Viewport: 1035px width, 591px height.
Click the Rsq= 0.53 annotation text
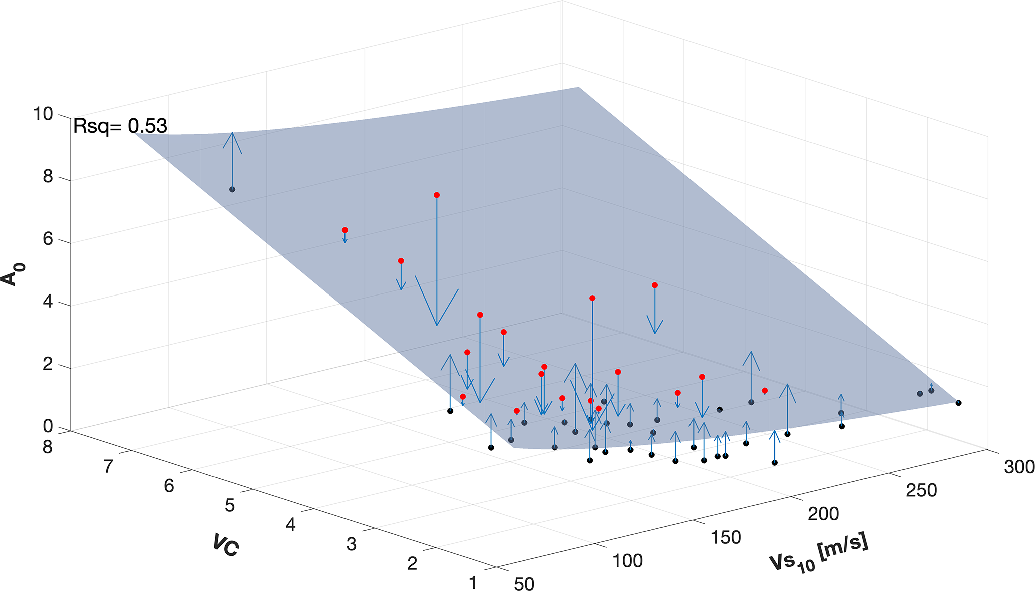pyautogui.click(x=120, y=126)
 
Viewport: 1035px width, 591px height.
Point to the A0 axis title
pyautogui.click(x=13, y=272)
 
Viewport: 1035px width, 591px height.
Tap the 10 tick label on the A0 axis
pyautogui.click(x=43, y=114)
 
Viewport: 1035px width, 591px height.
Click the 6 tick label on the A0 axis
pyautogui.click(x=48, y=239)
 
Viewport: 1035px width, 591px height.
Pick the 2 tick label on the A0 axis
pyautogui.click(x=48, y=364)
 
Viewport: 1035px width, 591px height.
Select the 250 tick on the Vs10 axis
pyautogui.click(x=921, y=490)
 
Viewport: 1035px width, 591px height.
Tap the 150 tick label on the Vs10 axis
pyautogui.click(x=726, y=537)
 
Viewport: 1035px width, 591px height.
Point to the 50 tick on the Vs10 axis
pyautogui.click(x=524, y=584)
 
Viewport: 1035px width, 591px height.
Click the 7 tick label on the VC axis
pyautogui.click(x=108, y=467)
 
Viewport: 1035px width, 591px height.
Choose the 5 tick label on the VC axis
pyautogui.click(x=230, y=505)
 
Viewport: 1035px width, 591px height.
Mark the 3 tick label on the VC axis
pyautogui.click(x=352, y=544)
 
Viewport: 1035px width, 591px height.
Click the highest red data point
pyautogui.click(x=437, y=195)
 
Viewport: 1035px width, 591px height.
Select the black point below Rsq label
pyautogui.click(x=232, y=189)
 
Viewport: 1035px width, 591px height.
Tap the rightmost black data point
pyautogui.click(x=958, y=403)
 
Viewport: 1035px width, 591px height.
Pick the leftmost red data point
pyautogui.click(x=345, y=230)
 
